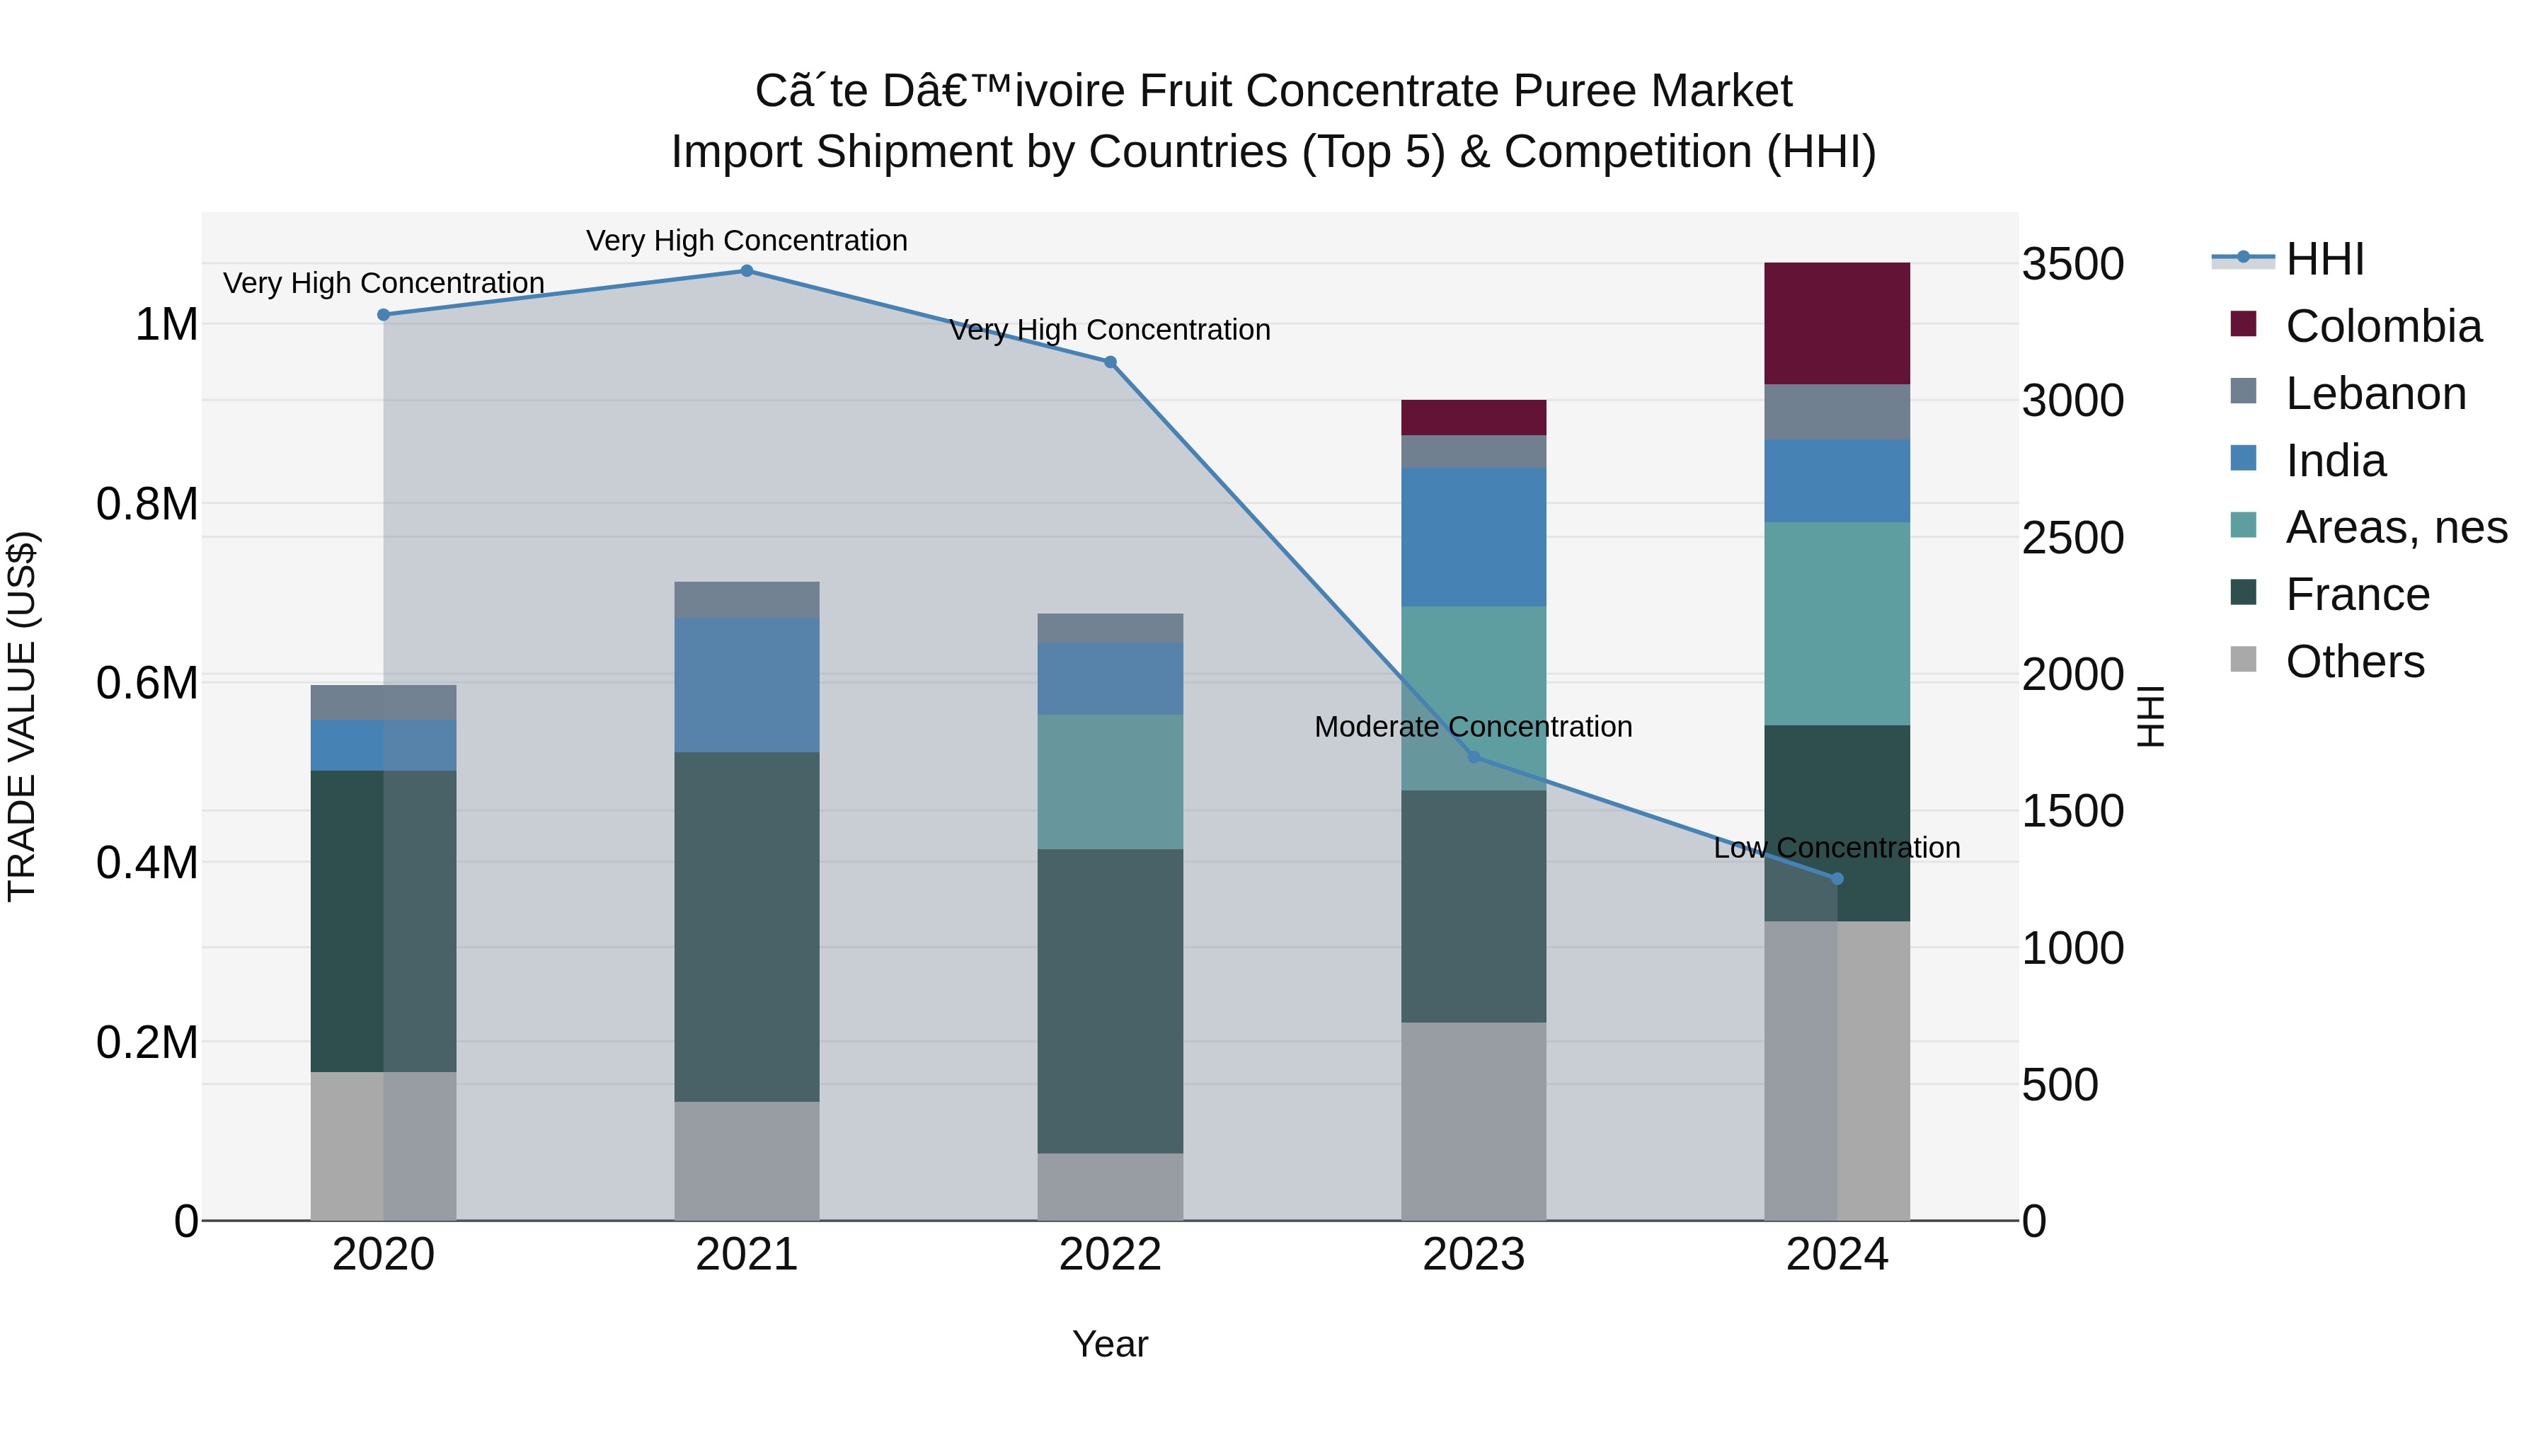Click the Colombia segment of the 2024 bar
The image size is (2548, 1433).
click(1837, 323)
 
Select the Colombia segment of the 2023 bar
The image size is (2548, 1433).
click(1473, 418)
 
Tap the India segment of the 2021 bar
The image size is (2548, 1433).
click(747, 684)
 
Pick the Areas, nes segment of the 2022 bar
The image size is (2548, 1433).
click(1110, 781)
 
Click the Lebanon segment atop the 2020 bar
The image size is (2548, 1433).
click(383, 702)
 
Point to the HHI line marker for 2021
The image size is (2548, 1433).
click(747, 271)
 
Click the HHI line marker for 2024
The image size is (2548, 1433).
click(1837, 878)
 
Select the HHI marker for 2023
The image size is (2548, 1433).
click(1473, 756)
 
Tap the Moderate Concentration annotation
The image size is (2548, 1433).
click(1473, 727)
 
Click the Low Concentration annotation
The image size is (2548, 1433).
click(1837, 848)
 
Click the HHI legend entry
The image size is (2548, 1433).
click(2324, 259)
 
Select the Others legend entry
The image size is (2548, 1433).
click(2354, 662)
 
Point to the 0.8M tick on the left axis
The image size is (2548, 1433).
click(147, 505)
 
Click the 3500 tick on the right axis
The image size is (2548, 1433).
click(2072, 265)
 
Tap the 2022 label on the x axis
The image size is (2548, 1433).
click(1110, 1255)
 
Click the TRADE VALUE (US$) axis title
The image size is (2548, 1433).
click(22, 716)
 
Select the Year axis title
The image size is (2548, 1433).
click(1110, 1344)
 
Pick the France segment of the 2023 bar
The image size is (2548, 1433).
click(1473, 906)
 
